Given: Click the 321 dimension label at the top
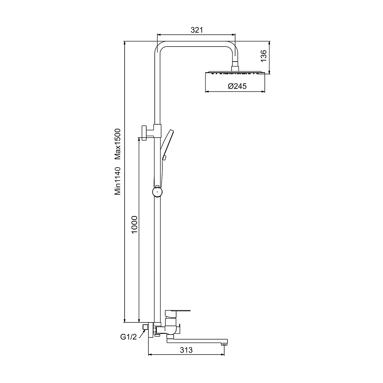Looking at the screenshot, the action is [197, 30].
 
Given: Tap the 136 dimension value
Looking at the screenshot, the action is [264, 56].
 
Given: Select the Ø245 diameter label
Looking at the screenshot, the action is [237, 86].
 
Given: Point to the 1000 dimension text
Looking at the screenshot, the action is [134, 224].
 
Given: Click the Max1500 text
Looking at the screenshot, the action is [117, 144].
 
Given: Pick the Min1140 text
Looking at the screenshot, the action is [117, 181].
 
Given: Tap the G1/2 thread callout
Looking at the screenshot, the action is [129, 337].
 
